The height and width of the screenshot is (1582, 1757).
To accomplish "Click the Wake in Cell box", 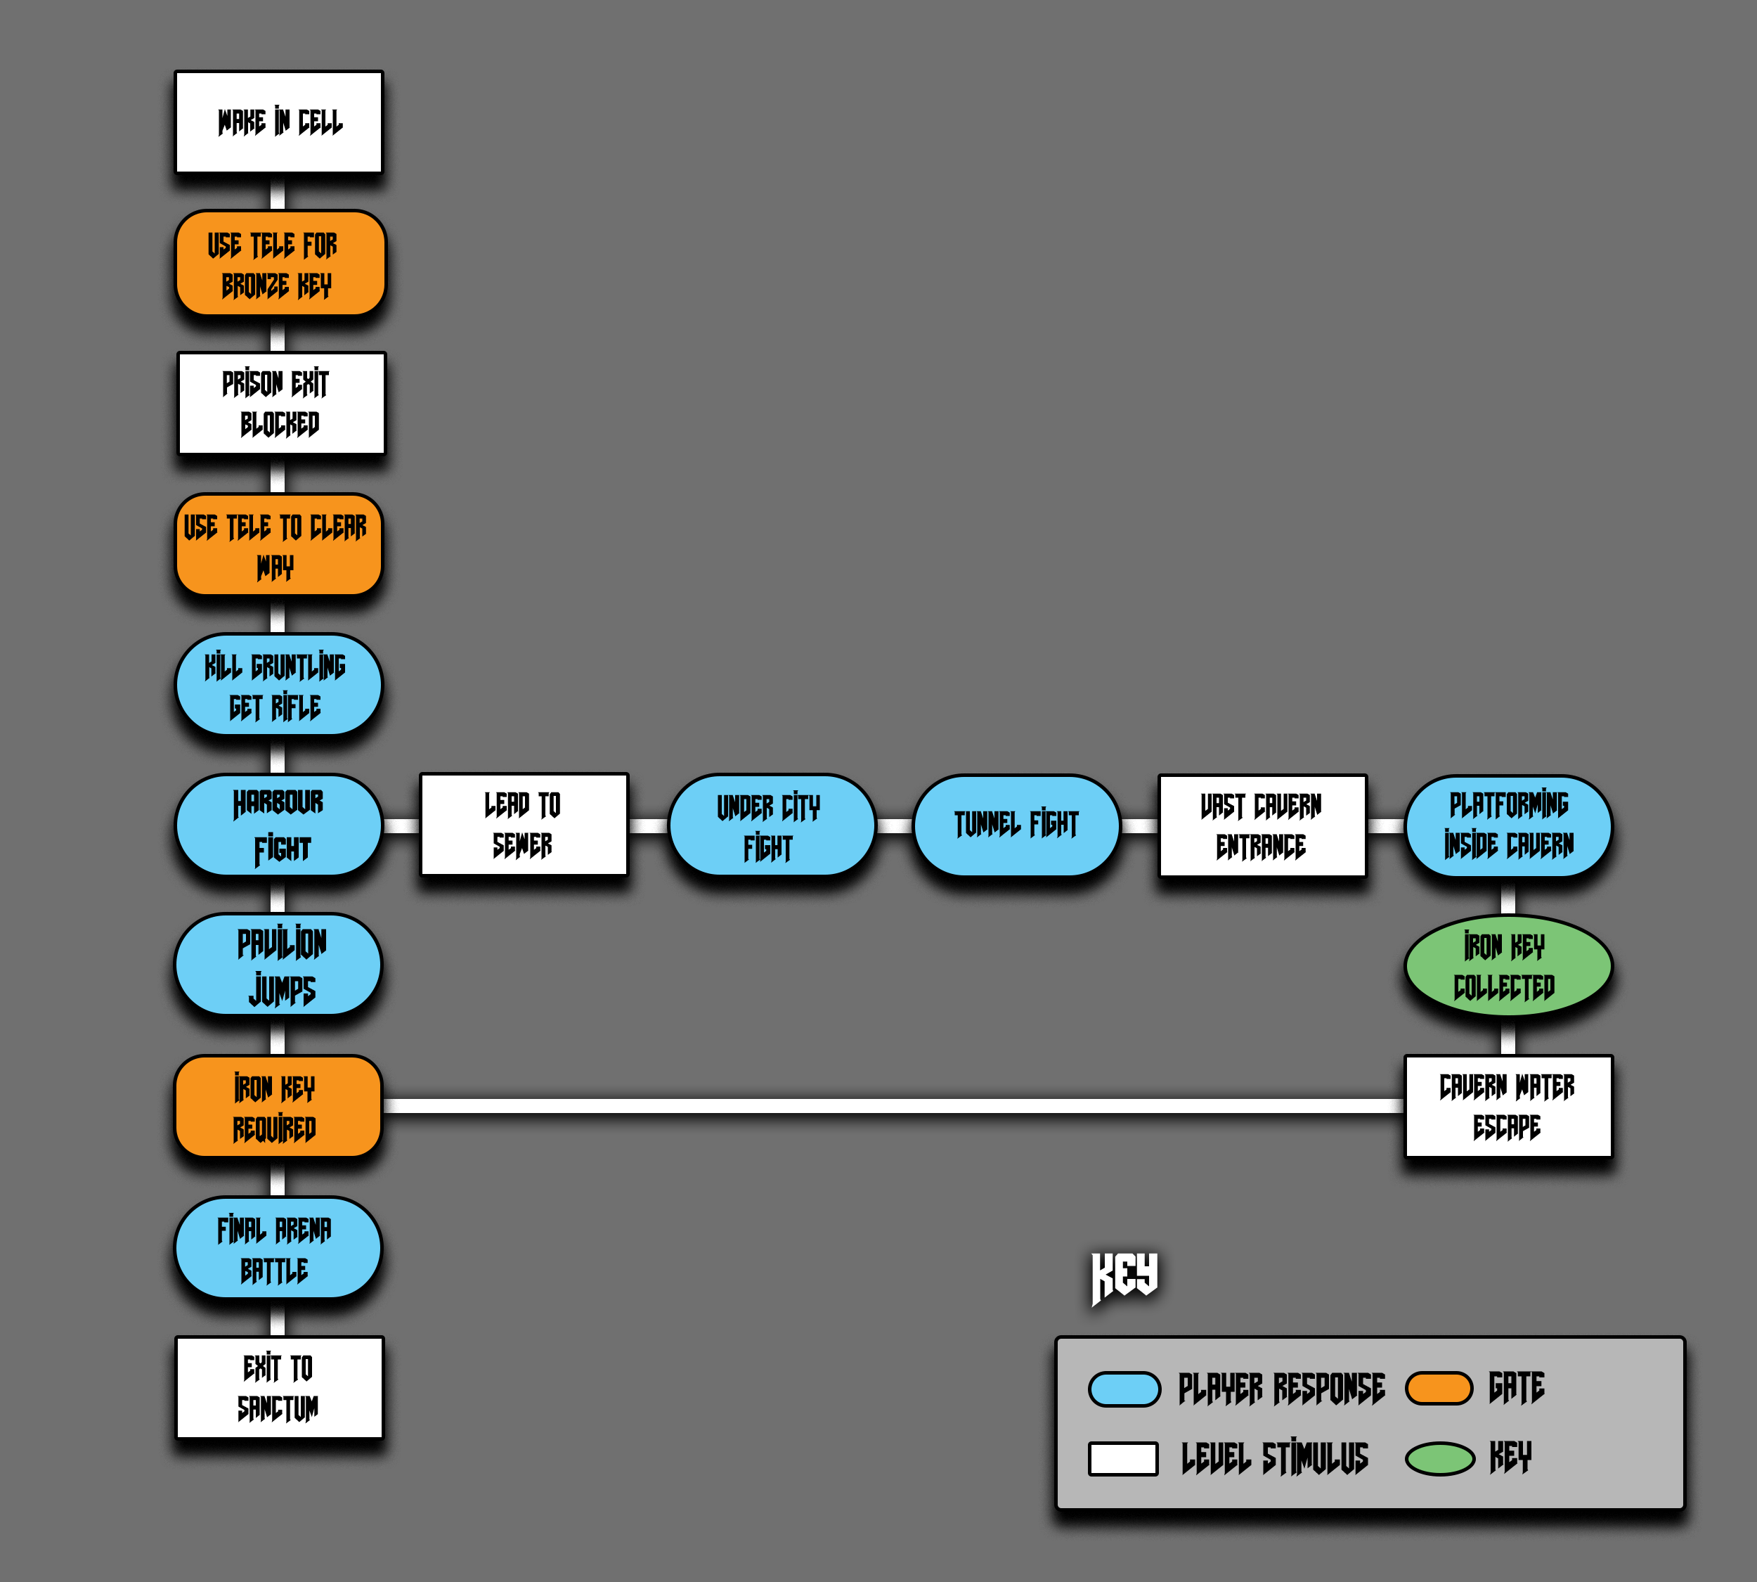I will click(x=279, y=122).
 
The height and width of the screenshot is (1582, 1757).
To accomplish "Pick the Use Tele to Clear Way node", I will click(x=278, y=545).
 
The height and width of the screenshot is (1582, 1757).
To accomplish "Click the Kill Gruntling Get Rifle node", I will click(x=278, y=686).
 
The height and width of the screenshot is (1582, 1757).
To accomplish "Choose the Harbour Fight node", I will click(x=278, y=825).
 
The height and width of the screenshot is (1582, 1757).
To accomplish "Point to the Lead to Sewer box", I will click(x=523, y=825).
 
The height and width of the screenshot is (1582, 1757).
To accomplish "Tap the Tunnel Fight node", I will click(x=1016, y=825).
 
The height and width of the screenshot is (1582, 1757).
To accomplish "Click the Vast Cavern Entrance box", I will click(x=1262, y=825).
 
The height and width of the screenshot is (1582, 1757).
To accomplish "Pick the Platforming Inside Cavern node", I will click(x=1508, y=825).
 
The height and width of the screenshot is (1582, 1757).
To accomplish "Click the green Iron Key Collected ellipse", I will click(x=1508, y=965).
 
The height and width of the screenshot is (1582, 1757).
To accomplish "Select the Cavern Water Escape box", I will click(x=1508, y=1107).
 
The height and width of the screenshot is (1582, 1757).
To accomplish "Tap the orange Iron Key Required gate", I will click(x=278, y=1107).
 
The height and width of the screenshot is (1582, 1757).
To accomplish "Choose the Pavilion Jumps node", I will click(x=278, y=965).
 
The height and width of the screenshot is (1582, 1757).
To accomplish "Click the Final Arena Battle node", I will click(x=278, y=1248).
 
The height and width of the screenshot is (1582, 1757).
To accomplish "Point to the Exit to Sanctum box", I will click(x=279, y=1388).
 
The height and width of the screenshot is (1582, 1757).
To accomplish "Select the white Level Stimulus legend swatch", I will click(x=1122, y=1458).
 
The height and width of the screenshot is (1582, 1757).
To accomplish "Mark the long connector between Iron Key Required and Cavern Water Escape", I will click(x=893, y=1107).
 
